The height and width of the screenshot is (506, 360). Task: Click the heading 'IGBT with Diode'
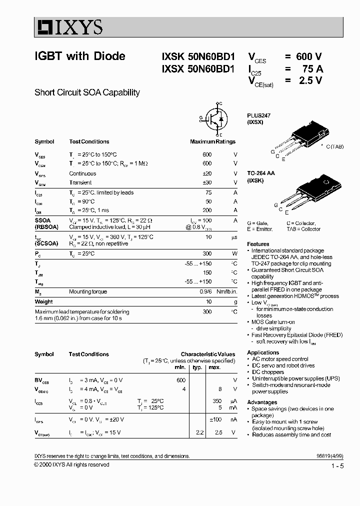pos(79,56)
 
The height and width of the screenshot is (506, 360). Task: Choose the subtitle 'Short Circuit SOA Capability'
pos(87,92)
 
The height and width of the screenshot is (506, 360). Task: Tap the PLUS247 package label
pos(258,115)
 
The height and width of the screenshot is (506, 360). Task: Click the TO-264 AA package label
pos(261,173)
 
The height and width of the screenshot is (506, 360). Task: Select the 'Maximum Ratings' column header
pos(212,141)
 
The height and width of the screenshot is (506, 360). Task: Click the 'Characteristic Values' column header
pos(207,354)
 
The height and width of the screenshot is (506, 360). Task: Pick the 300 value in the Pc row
pos(206,253)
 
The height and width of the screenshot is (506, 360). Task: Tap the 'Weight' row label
pos(43,301)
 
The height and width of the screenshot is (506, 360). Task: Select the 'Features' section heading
pos(258,244)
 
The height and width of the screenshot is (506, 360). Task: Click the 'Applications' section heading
pos(263,352)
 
